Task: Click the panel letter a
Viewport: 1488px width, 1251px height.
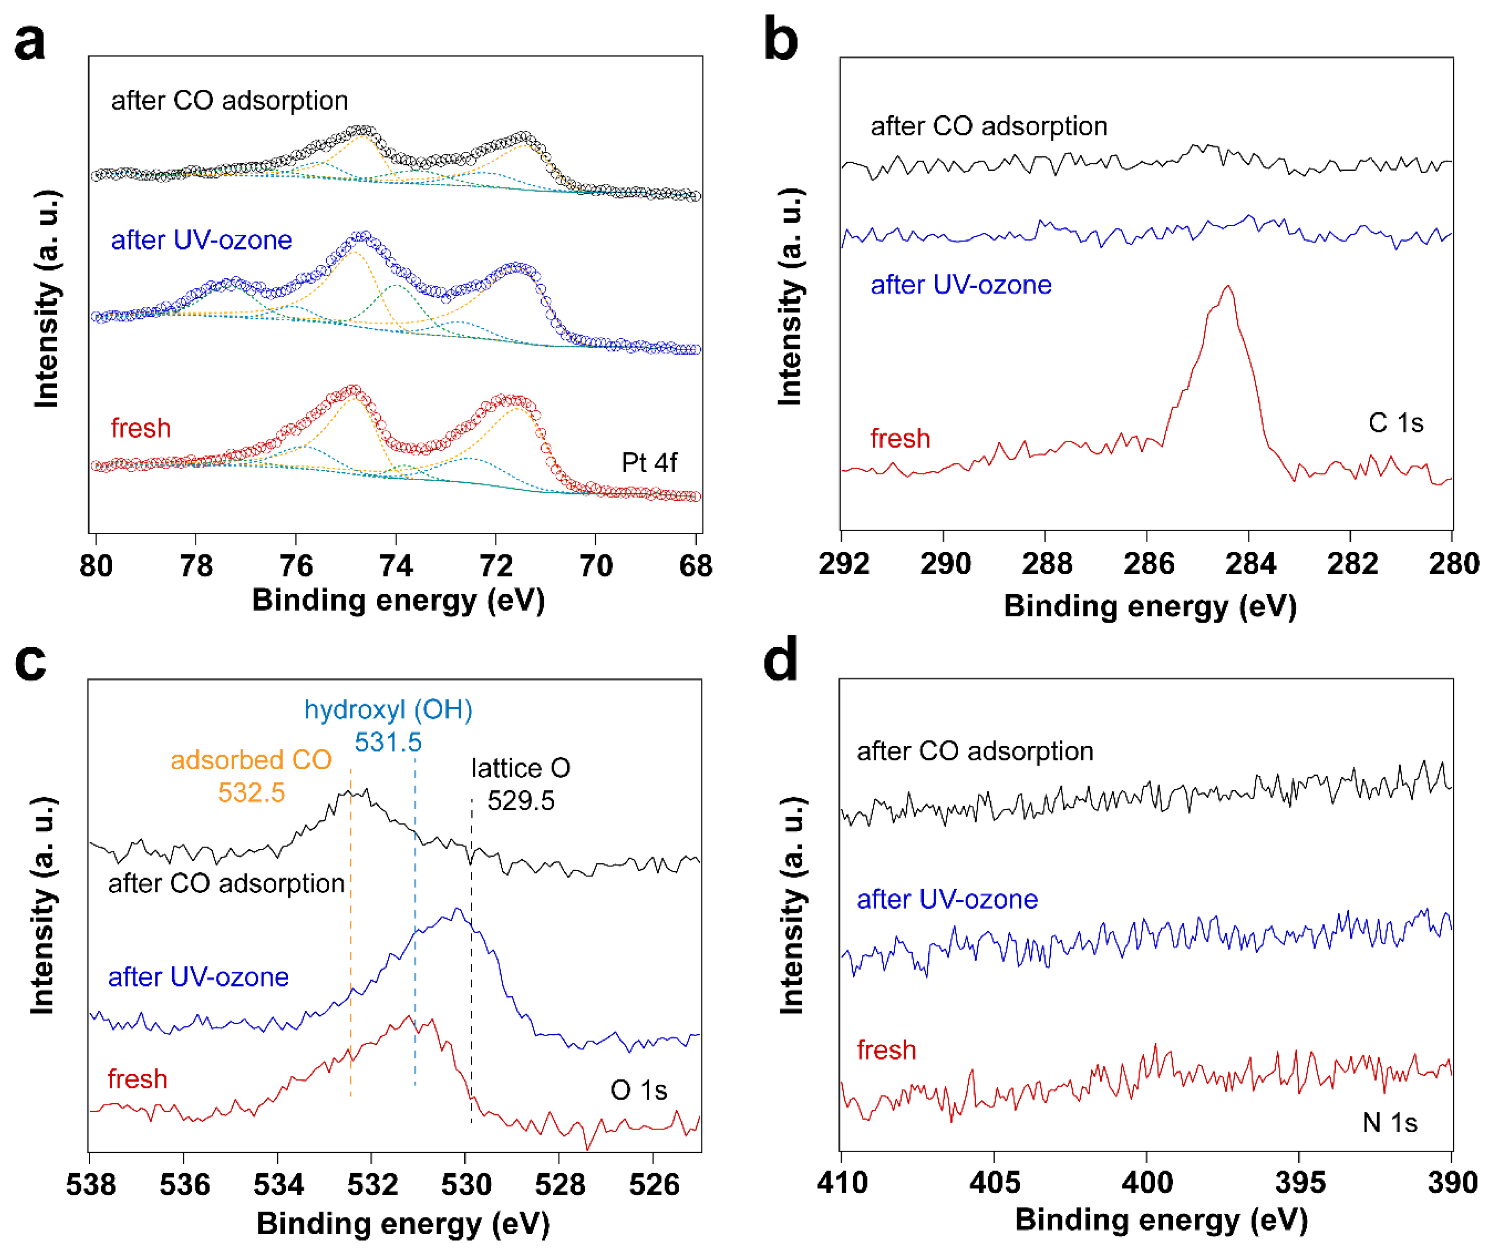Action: pyautogui.click(x=30, y=43)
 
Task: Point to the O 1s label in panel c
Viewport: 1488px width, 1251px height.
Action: pyautogui.click(x=638, y=1090)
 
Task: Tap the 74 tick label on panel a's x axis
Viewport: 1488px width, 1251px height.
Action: pyautogui.click(x=396, y=566)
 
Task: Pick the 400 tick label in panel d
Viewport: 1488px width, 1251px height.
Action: pyautogui.click(x=1147, y=1183)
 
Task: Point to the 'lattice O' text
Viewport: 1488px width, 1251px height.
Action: pyautogui.click(x=521, y=768)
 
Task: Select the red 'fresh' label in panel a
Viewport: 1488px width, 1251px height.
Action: pyautogui.click(x=140, y=428)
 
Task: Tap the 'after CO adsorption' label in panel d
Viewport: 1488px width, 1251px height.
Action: pyautogui.click(x=974, y=751)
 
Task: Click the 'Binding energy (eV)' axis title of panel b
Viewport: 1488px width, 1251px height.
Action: pyautogui.click(x=1150, y=607)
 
